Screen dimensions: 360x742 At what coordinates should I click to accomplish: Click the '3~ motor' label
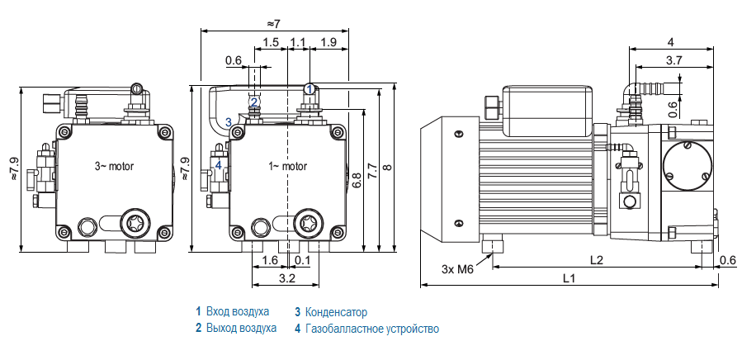click(114, 166)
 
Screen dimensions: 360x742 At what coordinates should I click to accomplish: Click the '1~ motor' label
click(288, 166)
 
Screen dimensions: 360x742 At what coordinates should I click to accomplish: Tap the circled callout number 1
click(309, 88)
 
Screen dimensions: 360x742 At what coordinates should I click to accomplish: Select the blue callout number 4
click(219, 164)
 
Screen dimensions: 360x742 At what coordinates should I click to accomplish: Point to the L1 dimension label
click(569, 278)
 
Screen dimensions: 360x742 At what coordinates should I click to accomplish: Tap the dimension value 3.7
click(673, 59)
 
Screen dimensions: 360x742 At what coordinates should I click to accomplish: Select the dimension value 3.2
click(286, 279)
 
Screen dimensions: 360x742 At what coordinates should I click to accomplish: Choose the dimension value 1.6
click(270, 260)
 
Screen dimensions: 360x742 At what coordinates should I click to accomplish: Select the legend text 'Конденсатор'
click(336, 312)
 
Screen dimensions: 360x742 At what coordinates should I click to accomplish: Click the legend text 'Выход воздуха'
click(241, 329)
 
